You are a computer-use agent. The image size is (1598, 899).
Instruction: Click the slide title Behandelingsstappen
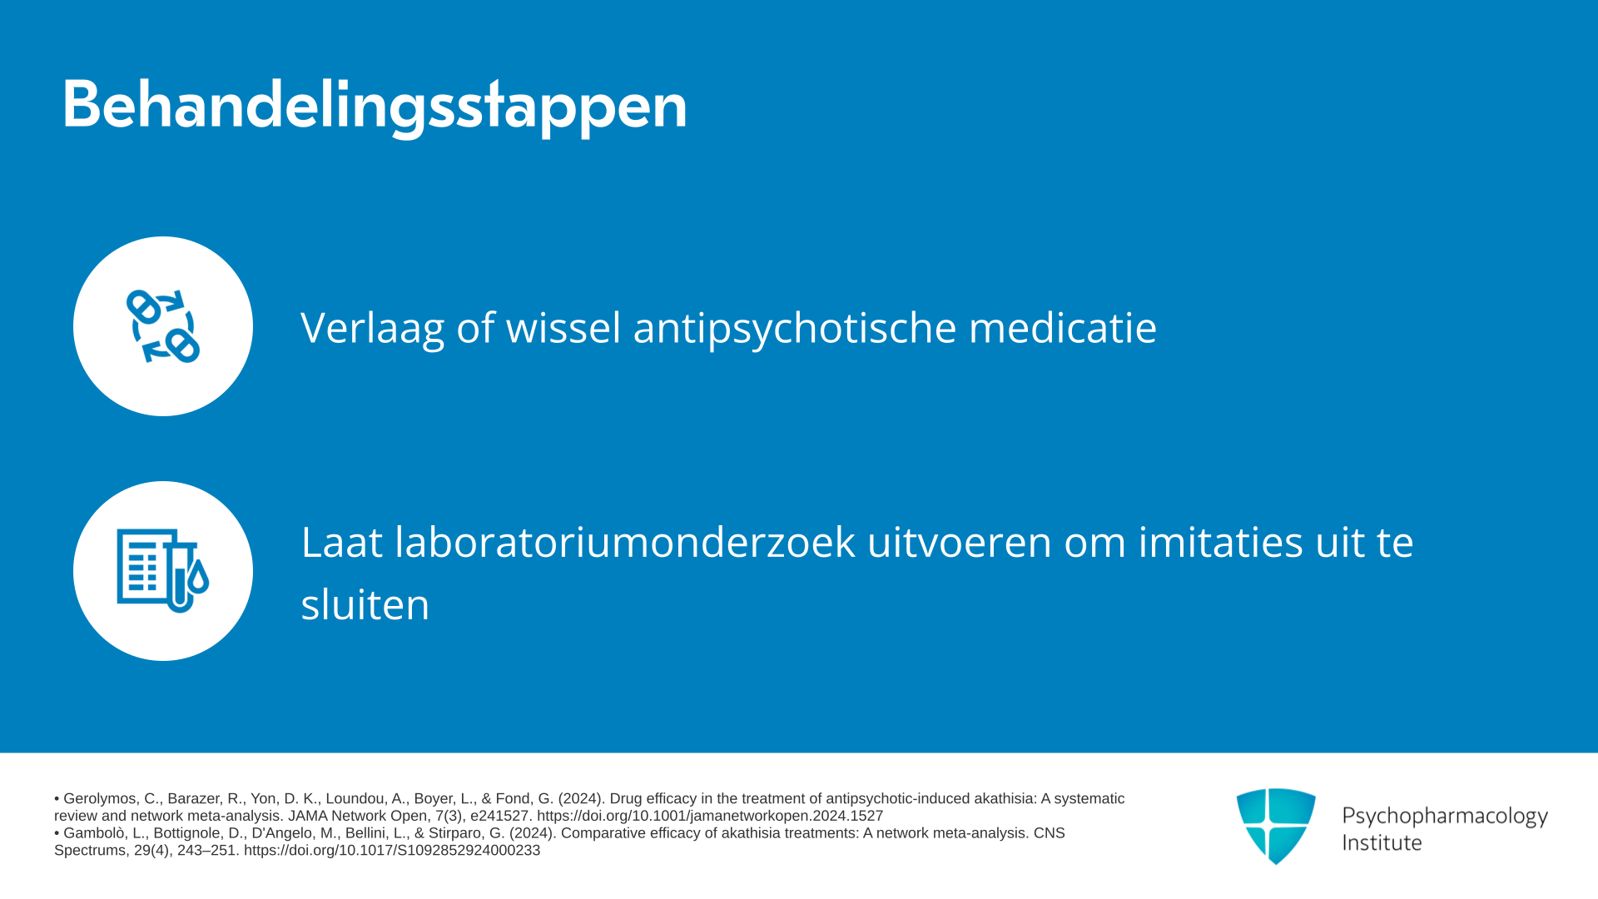click(375, 106)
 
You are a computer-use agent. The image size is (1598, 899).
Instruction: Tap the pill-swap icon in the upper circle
click(163, 326)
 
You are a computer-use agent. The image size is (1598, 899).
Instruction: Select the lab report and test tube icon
click(163, 571)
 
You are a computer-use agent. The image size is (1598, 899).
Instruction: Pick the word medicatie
click(1063, 326)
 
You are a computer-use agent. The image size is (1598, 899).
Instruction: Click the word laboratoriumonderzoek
click(625, 542)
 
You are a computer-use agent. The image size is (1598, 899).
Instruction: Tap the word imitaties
click(1220, 542)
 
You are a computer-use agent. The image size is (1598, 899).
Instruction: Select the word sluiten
click(365, 603)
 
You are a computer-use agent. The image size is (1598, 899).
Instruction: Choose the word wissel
click(563, 326)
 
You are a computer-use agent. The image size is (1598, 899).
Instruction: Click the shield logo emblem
click(1276, 826)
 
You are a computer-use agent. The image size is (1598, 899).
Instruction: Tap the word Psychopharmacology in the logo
click(1445, 817)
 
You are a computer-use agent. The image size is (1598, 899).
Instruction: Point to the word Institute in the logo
click(1382, 842)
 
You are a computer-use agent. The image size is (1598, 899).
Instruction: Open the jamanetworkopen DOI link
click(710, 816)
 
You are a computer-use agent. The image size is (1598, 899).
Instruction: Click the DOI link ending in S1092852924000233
click(392, 851)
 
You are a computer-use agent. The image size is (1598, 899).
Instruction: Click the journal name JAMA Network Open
click(358, 816)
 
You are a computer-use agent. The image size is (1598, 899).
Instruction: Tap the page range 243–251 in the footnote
click(206, 851)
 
